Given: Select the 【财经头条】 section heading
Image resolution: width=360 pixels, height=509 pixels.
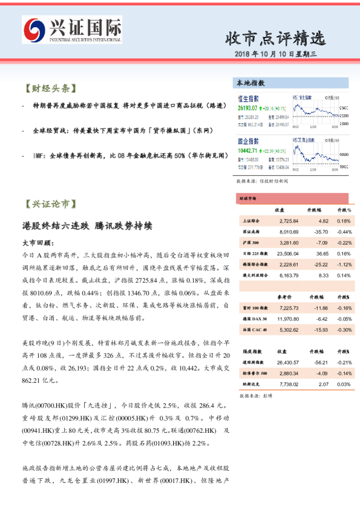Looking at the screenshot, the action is pyautogui.click(x=49, y=88).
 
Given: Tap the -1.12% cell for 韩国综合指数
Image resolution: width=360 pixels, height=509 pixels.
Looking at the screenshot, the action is pyautogui.click(x=344, y=265).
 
